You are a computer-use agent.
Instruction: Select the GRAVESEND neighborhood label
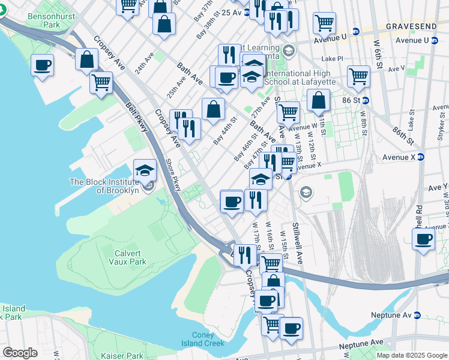point(417,27)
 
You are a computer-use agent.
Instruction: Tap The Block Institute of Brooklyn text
point(104,186)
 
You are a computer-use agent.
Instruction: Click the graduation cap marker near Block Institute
point(145,170)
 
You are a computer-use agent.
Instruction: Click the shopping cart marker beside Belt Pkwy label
point(101,82)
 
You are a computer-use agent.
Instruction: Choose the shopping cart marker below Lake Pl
point(358,76)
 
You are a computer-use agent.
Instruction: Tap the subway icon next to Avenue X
point(421,157)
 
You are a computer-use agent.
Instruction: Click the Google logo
point(20,353)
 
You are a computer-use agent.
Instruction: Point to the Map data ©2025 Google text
point(411,355)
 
